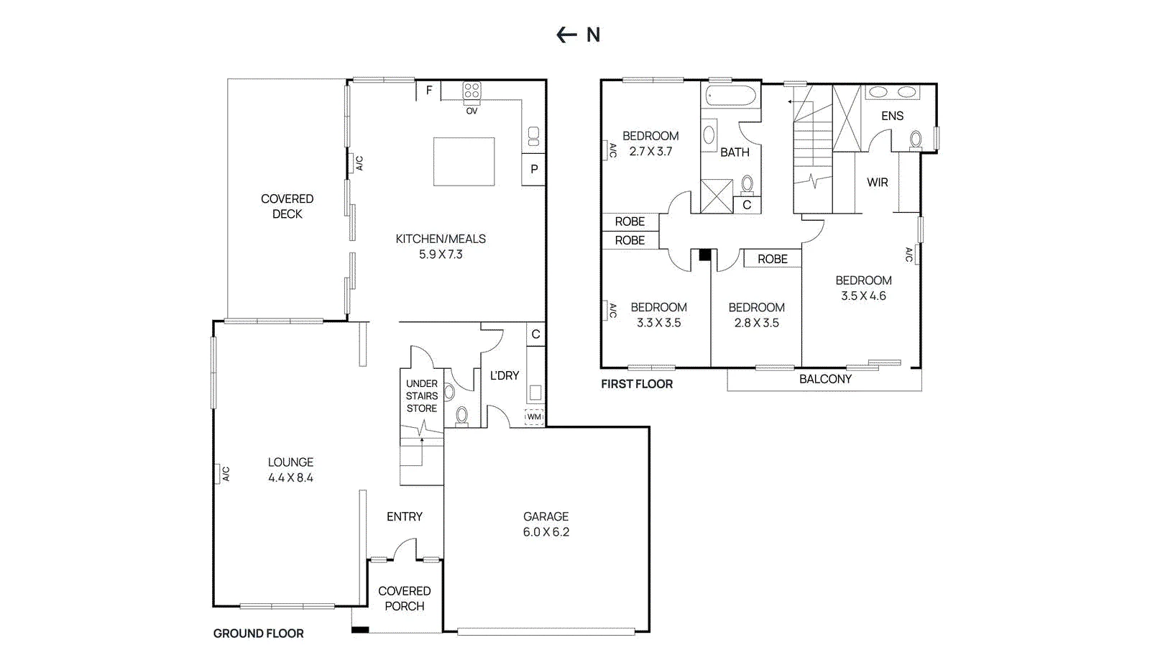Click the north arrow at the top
[x=567, y=35]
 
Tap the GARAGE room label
[x=546, y=516]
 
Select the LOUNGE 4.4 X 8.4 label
[x=290, y=470]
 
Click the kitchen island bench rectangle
[x=464, y=162]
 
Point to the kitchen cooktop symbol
[x=471, y=91]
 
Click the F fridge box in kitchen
[x=428, y=91]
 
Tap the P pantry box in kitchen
[x=534, y=170]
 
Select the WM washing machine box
[x=534, y=417]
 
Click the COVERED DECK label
[x=287, y=206]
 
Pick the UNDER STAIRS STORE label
[x=422, y=396]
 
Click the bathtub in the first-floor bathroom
[x=731, y=96]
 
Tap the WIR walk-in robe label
[x=878, y=182]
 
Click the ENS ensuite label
[x=892, y=116]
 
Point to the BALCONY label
[x=826, y=379]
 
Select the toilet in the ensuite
[x=916, y=140]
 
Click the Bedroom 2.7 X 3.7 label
[x=650, y=144]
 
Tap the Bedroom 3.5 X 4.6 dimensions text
[x=863, y=296]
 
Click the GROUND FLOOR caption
[x=258, y=633]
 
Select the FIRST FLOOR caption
[x=637, y=384]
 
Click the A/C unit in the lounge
[x=222, y=474]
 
